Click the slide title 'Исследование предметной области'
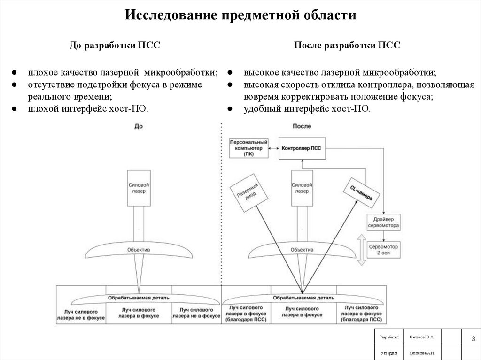click(x=240, y=15)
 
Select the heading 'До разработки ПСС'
click(x=115, y=46)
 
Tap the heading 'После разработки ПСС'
click(x=347, y=46)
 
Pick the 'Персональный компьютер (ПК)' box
click(x=248, y=148)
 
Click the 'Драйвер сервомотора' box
click(x=383, y=222)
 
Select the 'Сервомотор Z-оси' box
click(x=383, y=249)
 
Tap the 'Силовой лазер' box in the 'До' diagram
click(x=139, y=188)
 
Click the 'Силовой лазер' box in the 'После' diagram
click(x=302, y=188)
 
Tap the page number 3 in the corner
click(x=473, y=339)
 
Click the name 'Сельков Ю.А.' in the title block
click(x=421, y=337)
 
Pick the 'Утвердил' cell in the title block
click(x=388, y=352)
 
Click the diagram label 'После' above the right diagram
click(x=302, y=126)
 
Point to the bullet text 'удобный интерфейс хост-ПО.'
click(x=307, y=108)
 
